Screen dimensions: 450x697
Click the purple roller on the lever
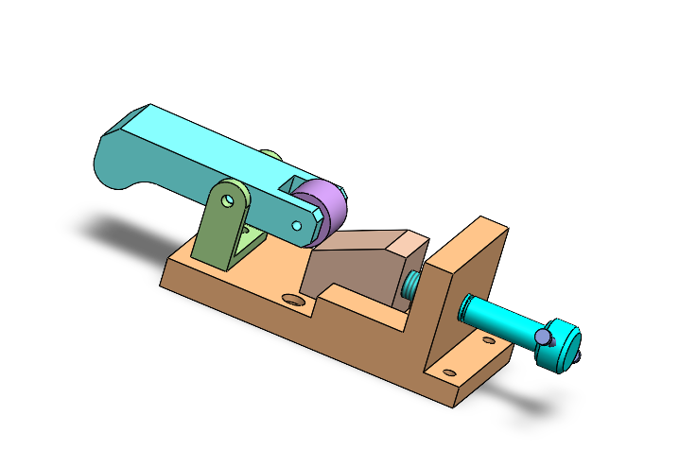(x=324, y=209)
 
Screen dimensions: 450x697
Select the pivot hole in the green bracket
(x=229, y=199)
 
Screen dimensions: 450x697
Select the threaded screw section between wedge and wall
(x=410, y=286)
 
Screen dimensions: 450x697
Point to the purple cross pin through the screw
(x=542, y=336)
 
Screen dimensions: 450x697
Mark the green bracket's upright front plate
(x=218, y=227)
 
